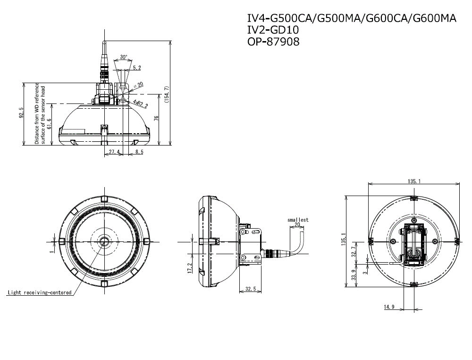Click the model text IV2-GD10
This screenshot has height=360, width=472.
coord(273,30)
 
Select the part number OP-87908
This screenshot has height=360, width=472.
coord(273,41)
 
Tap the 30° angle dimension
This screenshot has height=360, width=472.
coord(123,57)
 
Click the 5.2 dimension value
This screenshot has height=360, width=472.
coord(137,68)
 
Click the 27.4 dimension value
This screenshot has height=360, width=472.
coord(114,152)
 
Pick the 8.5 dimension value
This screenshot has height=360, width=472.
coord(139,152)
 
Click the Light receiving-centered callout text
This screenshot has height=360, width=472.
coord(39,293)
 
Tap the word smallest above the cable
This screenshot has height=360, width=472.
coord(298,220)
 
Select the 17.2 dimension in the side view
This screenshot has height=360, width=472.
coord(189,267)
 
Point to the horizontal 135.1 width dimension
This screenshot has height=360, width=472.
coord(413,180)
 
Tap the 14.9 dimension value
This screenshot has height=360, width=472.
coord(389,307)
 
